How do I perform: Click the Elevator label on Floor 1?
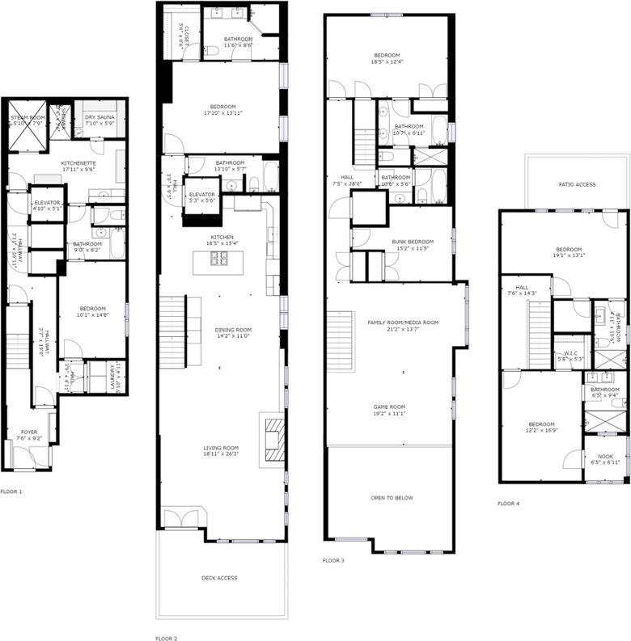47,205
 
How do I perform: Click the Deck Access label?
219,578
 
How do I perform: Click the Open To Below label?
392,498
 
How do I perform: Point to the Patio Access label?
577,185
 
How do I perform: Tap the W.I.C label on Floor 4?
569,355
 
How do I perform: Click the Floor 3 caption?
333,560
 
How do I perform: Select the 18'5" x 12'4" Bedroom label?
385,58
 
